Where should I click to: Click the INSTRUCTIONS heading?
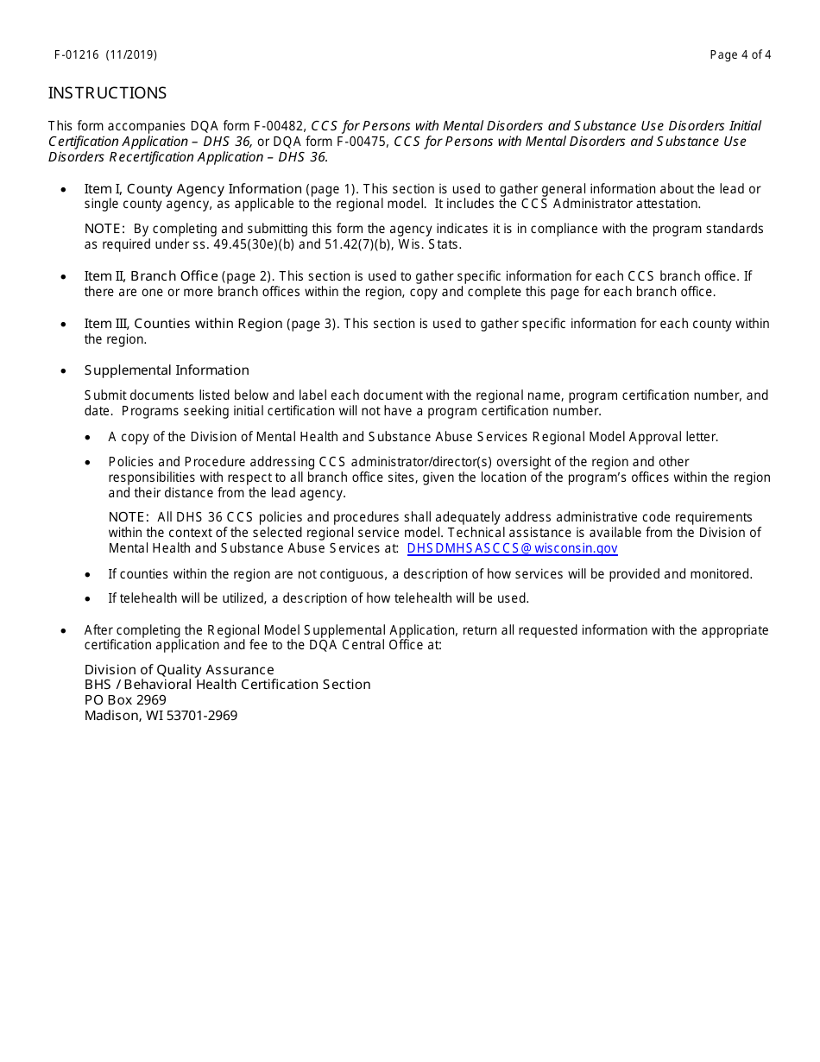[107, 93]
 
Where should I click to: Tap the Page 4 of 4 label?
[740, 55]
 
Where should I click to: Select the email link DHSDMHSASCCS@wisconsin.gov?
[512, 548]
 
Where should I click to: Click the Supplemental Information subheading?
[167, 370]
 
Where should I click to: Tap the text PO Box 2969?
[125, 700]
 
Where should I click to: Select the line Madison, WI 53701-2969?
[161, 716]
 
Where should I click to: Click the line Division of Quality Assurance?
[179, 670]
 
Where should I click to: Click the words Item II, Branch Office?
[151, 276]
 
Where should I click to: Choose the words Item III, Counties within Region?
[183, 324]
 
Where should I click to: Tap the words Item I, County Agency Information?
[192, 189]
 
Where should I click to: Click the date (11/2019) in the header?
[132, 55]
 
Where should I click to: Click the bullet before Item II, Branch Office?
[64, 277]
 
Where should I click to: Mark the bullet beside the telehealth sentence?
[89, 598]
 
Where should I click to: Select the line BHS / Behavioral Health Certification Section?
[227, 685]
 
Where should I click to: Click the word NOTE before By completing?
[104, 229]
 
